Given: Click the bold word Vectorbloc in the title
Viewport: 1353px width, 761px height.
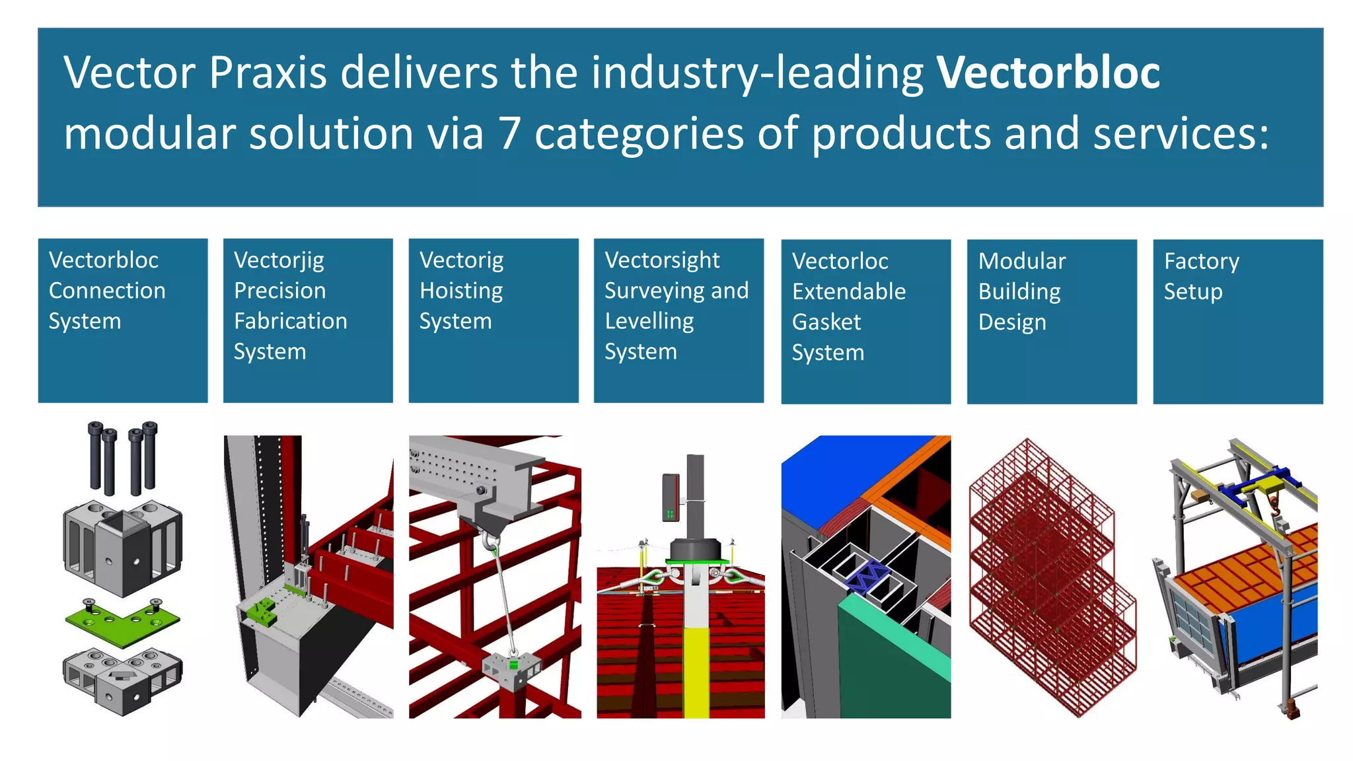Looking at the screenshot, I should [x=1048, y=73].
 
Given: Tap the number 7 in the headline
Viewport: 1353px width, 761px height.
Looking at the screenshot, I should [x=509, y=133].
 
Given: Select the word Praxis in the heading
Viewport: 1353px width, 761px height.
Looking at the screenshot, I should [x=268, y=73].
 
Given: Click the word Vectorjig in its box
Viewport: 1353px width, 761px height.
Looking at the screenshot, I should [x=279, y=260].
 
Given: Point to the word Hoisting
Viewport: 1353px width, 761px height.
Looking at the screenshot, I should [x=461, y=291].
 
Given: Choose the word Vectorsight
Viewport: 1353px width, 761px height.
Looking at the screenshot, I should [x=661, y=260].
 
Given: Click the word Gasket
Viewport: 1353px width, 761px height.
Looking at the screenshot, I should [x=826, y=322].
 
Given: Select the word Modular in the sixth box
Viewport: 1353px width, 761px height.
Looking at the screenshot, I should [x=1021, y=262].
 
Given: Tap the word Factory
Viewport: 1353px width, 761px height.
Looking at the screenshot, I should [x=1201, y=262].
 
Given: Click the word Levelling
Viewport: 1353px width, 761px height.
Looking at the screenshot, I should [x=649, y=321].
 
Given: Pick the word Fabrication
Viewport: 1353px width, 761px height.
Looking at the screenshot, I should [x=290, y=321].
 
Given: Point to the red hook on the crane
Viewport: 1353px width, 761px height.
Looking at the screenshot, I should [x=1274, y=506].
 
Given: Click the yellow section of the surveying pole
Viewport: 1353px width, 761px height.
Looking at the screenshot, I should [x=696, y=670].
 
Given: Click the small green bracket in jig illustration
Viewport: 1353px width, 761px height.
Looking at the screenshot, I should [x=262, y=612].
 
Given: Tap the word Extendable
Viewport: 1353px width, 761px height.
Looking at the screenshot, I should [x=848, y=292].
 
